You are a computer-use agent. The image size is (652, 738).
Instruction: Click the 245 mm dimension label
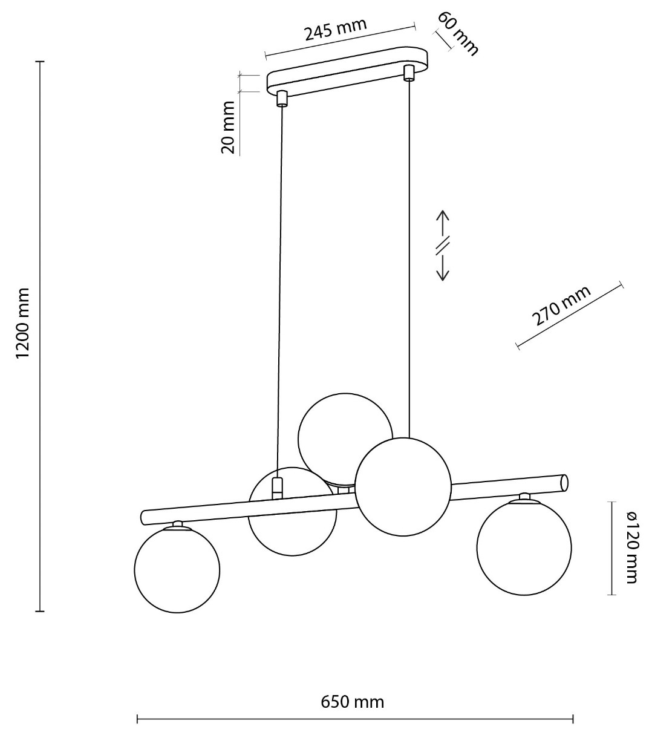point(335,29)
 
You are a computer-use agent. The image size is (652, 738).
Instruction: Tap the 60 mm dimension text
point(457,33)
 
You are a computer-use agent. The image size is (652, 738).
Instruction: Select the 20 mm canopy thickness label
point(229,127)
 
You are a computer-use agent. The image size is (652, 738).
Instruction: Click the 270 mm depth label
point(561,305)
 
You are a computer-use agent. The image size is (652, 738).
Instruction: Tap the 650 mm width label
point(352,702)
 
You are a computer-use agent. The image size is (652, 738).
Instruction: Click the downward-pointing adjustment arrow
point(443,266)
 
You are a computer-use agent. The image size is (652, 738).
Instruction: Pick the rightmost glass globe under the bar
point(524,548)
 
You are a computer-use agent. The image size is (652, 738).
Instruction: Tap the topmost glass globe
point(345,437)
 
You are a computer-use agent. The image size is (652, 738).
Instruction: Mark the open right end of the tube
point(564,483)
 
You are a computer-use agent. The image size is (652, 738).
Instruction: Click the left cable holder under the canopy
point(282,99)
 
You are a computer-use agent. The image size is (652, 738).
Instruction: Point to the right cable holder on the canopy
point(409,73)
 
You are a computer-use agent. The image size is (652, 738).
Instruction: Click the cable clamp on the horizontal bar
point(277,489)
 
